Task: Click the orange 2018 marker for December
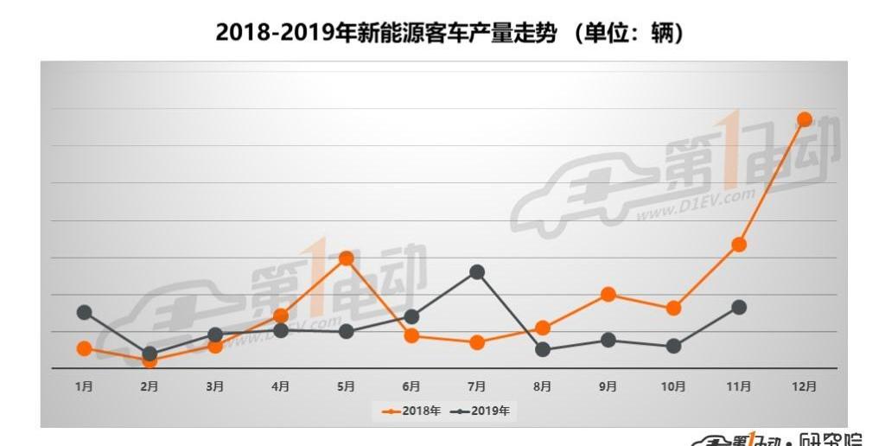click(x=804, y=119)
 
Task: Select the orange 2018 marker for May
click(x=346, y=258)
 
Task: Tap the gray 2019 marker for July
click(x=476, y=272)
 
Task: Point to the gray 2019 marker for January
click(x=84, y=312)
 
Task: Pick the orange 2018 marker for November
click(x=739, y=245)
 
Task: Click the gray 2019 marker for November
click(x=739, y=307)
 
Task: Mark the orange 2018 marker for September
click(x=608, y=295)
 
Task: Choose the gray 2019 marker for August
click(x=543, y=350)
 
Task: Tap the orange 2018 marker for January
click(x=84, y=348)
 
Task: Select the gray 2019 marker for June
click(x=411, y=316)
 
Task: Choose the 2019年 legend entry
click(x=480, y=411)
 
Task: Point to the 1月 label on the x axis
click(x=84, y=386)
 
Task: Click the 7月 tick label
click(x=476, y=386)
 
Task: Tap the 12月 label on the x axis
click(x=804, y=386)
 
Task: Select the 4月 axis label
click(x=280, y=386)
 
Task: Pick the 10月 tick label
click(x=673, y=386)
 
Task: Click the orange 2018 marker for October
click(x=673, y=308)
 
